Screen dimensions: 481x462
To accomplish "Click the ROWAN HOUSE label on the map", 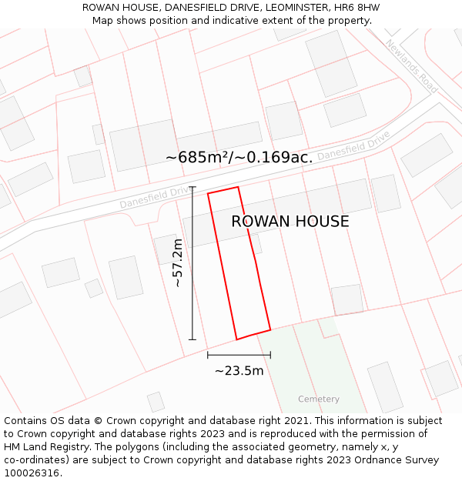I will pos(290,222).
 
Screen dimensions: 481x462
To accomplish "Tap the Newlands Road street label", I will pos(412,66).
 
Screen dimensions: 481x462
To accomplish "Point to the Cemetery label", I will pos(319,399).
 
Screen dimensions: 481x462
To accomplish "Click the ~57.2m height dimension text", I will pos(178,263).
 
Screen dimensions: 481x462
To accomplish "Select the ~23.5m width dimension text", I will pos(239,371).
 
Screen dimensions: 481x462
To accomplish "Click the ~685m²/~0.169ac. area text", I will pos(239,157).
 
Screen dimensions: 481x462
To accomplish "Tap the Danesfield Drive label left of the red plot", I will pos(153,198).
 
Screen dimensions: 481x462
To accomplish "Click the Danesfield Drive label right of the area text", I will pos(353,145).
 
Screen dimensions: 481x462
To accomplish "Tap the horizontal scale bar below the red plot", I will pos(239,355).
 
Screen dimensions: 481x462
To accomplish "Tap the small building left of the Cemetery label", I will pos(156,402).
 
